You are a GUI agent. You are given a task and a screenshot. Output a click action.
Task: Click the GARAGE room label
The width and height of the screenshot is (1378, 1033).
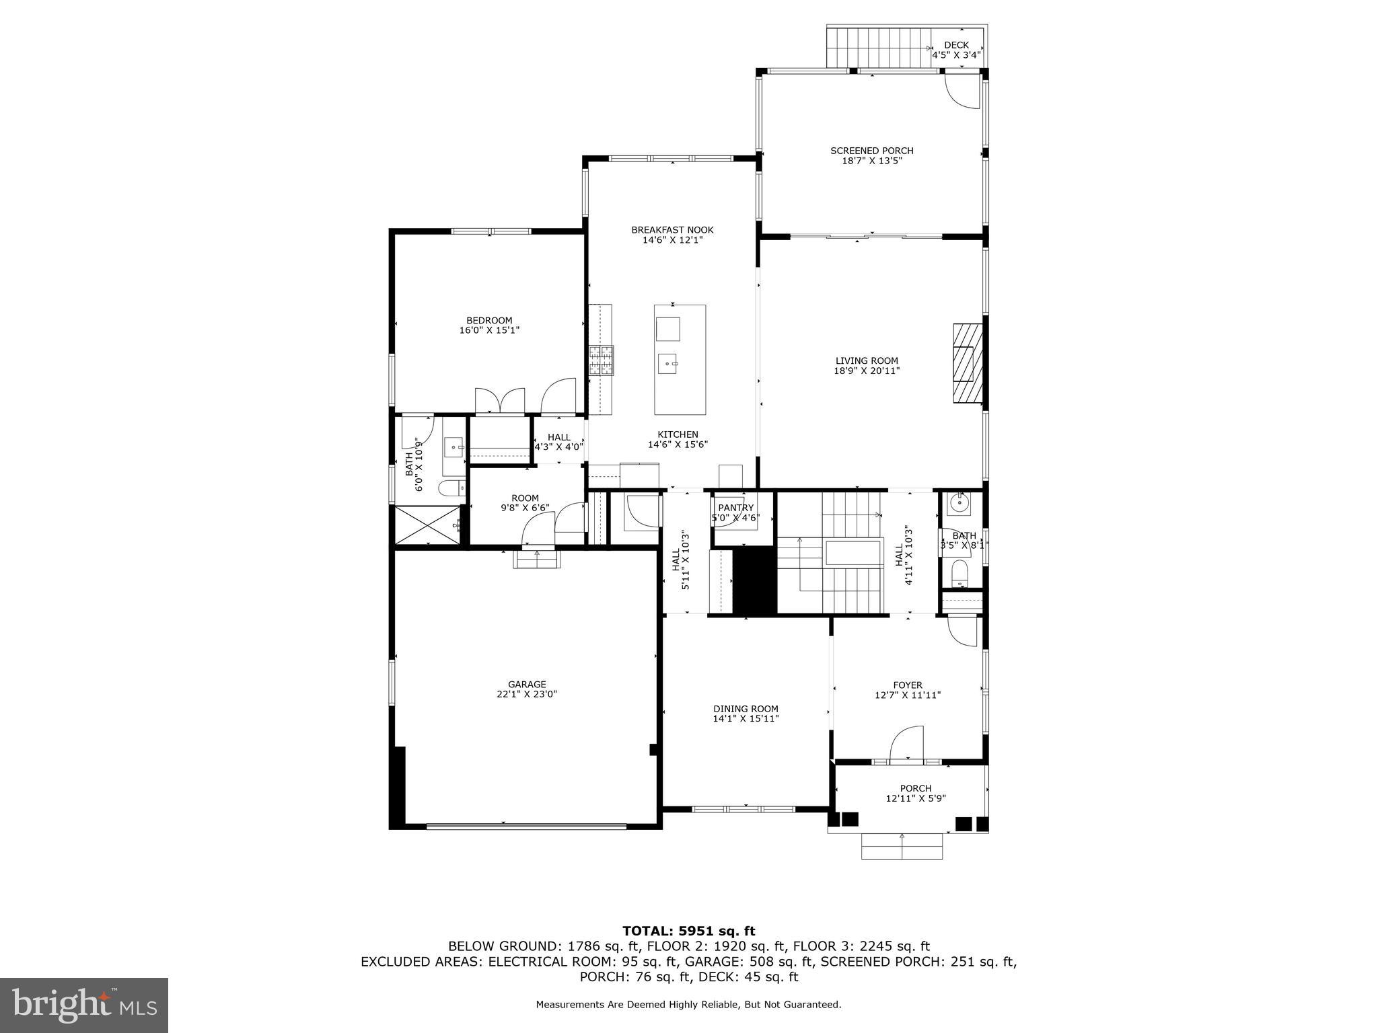coord(526,685)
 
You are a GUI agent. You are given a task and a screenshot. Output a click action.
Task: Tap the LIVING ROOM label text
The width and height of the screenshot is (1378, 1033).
coord(867,361)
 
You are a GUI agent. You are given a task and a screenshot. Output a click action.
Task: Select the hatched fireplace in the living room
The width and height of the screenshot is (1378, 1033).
coord(967,363)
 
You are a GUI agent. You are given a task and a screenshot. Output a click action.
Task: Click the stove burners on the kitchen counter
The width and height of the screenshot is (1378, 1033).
coord(602,360)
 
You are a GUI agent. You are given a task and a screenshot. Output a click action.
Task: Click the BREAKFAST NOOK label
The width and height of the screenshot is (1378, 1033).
coord(672,230)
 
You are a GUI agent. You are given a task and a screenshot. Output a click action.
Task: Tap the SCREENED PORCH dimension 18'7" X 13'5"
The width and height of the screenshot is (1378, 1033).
coord(871,161)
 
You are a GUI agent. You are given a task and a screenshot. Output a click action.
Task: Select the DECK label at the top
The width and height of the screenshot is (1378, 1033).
coord(956,45)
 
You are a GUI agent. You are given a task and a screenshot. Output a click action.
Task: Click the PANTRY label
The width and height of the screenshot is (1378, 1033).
coord(735,508)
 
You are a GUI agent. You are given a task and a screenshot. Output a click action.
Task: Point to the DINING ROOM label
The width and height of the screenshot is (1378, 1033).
coord(746,709)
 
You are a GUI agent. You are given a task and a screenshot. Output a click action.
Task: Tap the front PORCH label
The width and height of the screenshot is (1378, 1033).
coord(915,788)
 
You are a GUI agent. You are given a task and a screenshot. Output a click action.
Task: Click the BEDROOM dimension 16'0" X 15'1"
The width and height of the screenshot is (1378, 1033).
coord(489,330)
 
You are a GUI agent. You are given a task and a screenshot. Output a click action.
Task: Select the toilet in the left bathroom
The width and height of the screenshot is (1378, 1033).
coord(450,487)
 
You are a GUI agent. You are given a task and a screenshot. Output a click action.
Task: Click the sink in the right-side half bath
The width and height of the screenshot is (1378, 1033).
coord(959,502)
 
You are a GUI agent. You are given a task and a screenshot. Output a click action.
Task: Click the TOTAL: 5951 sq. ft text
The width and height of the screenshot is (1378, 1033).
coord(688,931)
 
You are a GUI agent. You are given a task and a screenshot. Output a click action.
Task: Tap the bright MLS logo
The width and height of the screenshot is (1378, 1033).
coord(84,1005)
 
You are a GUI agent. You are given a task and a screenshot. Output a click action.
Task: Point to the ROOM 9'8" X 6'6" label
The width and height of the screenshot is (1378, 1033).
coord(525,503)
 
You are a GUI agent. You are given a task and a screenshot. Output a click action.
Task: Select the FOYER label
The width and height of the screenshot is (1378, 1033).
coord(907,685)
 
